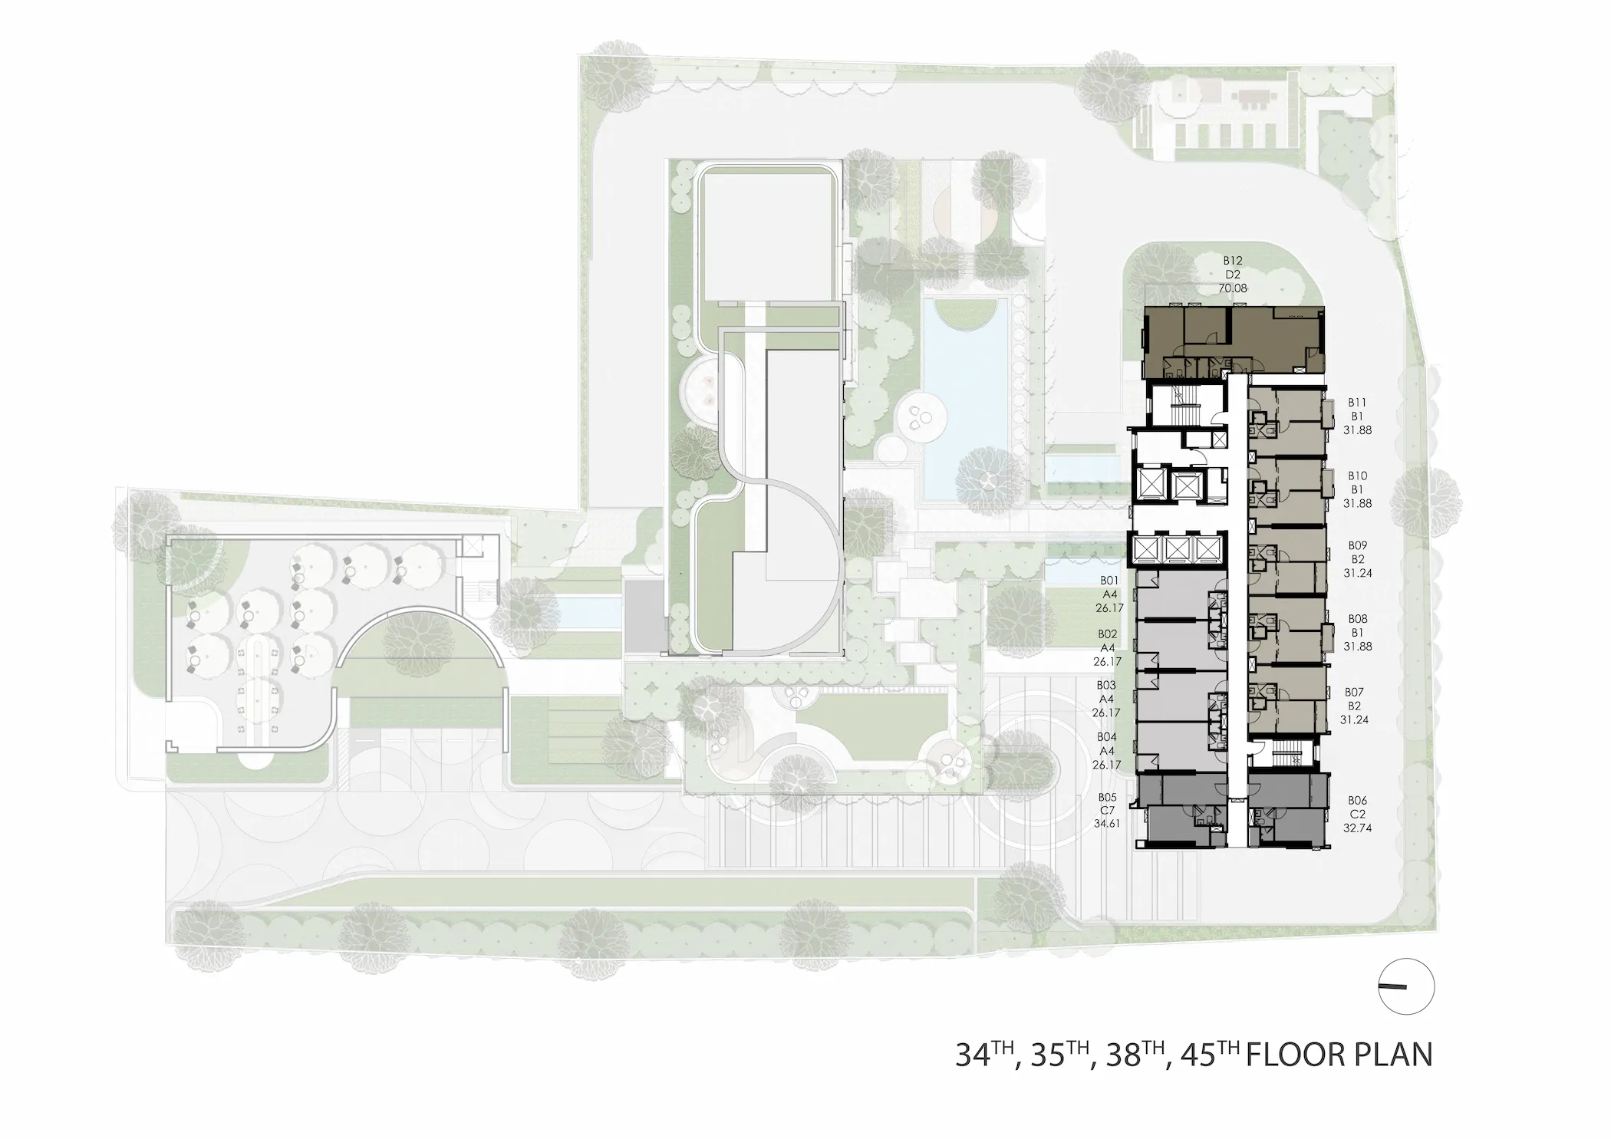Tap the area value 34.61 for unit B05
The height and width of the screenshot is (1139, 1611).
coord(1107,824)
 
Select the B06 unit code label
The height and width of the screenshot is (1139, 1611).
coord(1357,800)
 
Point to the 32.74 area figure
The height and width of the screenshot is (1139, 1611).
coord(1357,828)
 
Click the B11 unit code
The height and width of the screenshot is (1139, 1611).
coord(1357,402)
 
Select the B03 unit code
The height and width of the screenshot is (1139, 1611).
coord(1106,685)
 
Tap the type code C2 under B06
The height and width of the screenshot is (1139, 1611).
coord(1357,814)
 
